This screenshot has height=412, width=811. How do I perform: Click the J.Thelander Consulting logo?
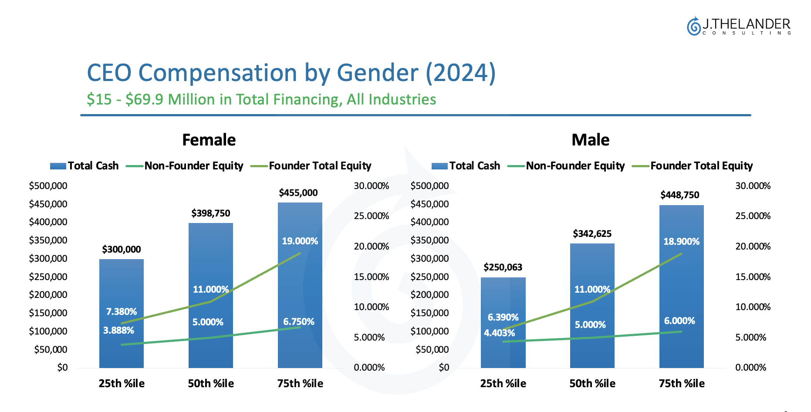click(x=739, y=26)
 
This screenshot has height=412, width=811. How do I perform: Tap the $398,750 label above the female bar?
click(x=211, y=213)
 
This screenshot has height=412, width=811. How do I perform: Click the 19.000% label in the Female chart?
click(x=300, y=241)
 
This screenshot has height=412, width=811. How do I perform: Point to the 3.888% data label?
click(x=118, y=331)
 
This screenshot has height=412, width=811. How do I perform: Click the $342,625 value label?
click(x=592, y=234)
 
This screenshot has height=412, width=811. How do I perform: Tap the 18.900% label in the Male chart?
click(x=681, y=242)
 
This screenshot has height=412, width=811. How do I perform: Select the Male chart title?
click(x=590, y=140)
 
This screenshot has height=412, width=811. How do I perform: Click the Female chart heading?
click(x=209, y=140)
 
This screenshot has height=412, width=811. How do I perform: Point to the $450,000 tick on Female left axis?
click(x=48, y=204)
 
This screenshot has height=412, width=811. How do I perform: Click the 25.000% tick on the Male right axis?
click(x=753, y=216)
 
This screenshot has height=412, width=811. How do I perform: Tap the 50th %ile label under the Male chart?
click(x=592, y=384)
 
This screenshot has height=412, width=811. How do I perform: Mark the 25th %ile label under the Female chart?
click(x=122, y=384)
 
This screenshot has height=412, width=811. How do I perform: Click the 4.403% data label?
click(x=499, y=333)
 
